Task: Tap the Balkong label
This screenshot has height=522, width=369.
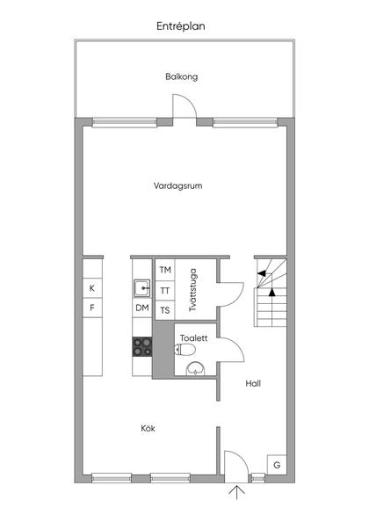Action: coord(181,76)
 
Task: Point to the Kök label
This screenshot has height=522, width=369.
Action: coord(148,428)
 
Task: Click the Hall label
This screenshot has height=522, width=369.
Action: coord(253,383)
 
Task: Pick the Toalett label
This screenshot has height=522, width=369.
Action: coord(193,337)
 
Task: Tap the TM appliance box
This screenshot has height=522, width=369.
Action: coord(164,271)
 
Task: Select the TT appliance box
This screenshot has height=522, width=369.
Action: coord(164,290)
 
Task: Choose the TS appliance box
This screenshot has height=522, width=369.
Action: coord(164,309)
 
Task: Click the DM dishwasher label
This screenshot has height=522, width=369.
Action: coord(141,308)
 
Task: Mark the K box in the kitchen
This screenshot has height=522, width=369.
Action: coord(91,288)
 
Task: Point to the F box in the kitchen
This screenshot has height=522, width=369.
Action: coord(91,308)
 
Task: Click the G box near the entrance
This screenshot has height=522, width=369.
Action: coord(277,464)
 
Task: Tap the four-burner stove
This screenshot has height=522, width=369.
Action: coord(141,347)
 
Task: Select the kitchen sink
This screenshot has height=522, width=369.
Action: coord(141,286)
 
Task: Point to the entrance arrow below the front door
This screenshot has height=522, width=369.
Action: coord(235,494)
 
